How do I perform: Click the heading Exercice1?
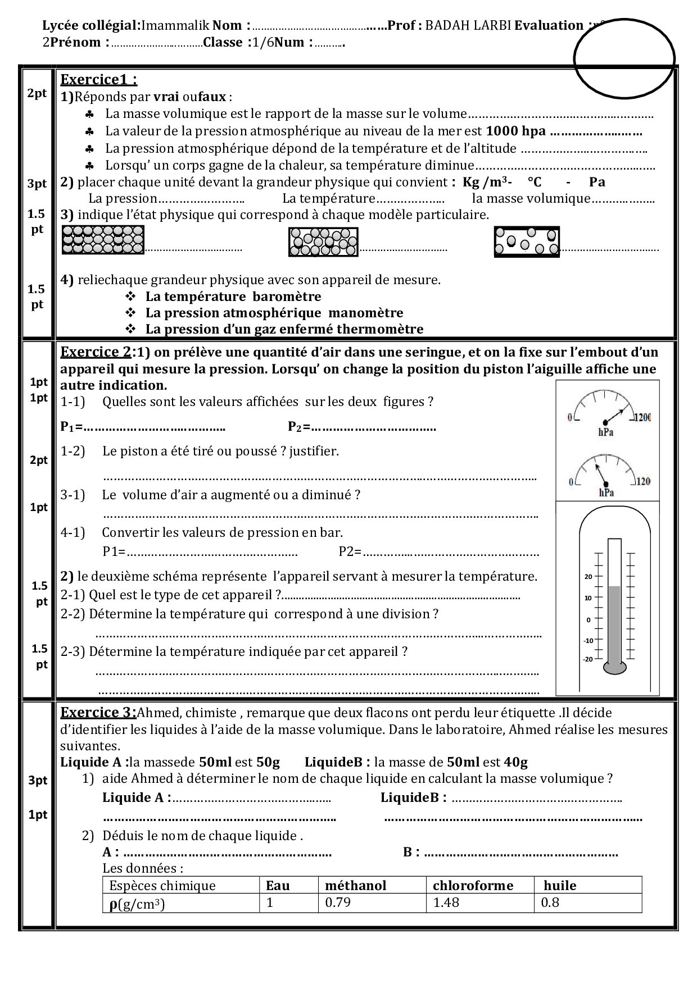(x=98, y=79)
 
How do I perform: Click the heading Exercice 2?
(x=96, y=352)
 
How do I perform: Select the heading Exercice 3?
(x=98, y=713)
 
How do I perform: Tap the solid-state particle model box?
(x=103, y=240)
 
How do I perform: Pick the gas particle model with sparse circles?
(x=527, y=242)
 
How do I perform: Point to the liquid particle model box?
(x=323, y=242)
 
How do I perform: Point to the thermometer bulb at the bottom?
(x=615, y=668)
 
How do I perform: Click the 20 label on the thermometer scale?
(x=589, y=577)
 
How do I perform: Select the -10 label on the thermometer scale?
(x=588, y=641)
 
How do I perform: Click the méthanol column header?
(x=356, y=886)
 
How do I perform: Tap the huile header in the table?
(x=560, y=886)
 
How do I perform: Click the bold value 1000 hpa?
(x=516, y=131)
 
